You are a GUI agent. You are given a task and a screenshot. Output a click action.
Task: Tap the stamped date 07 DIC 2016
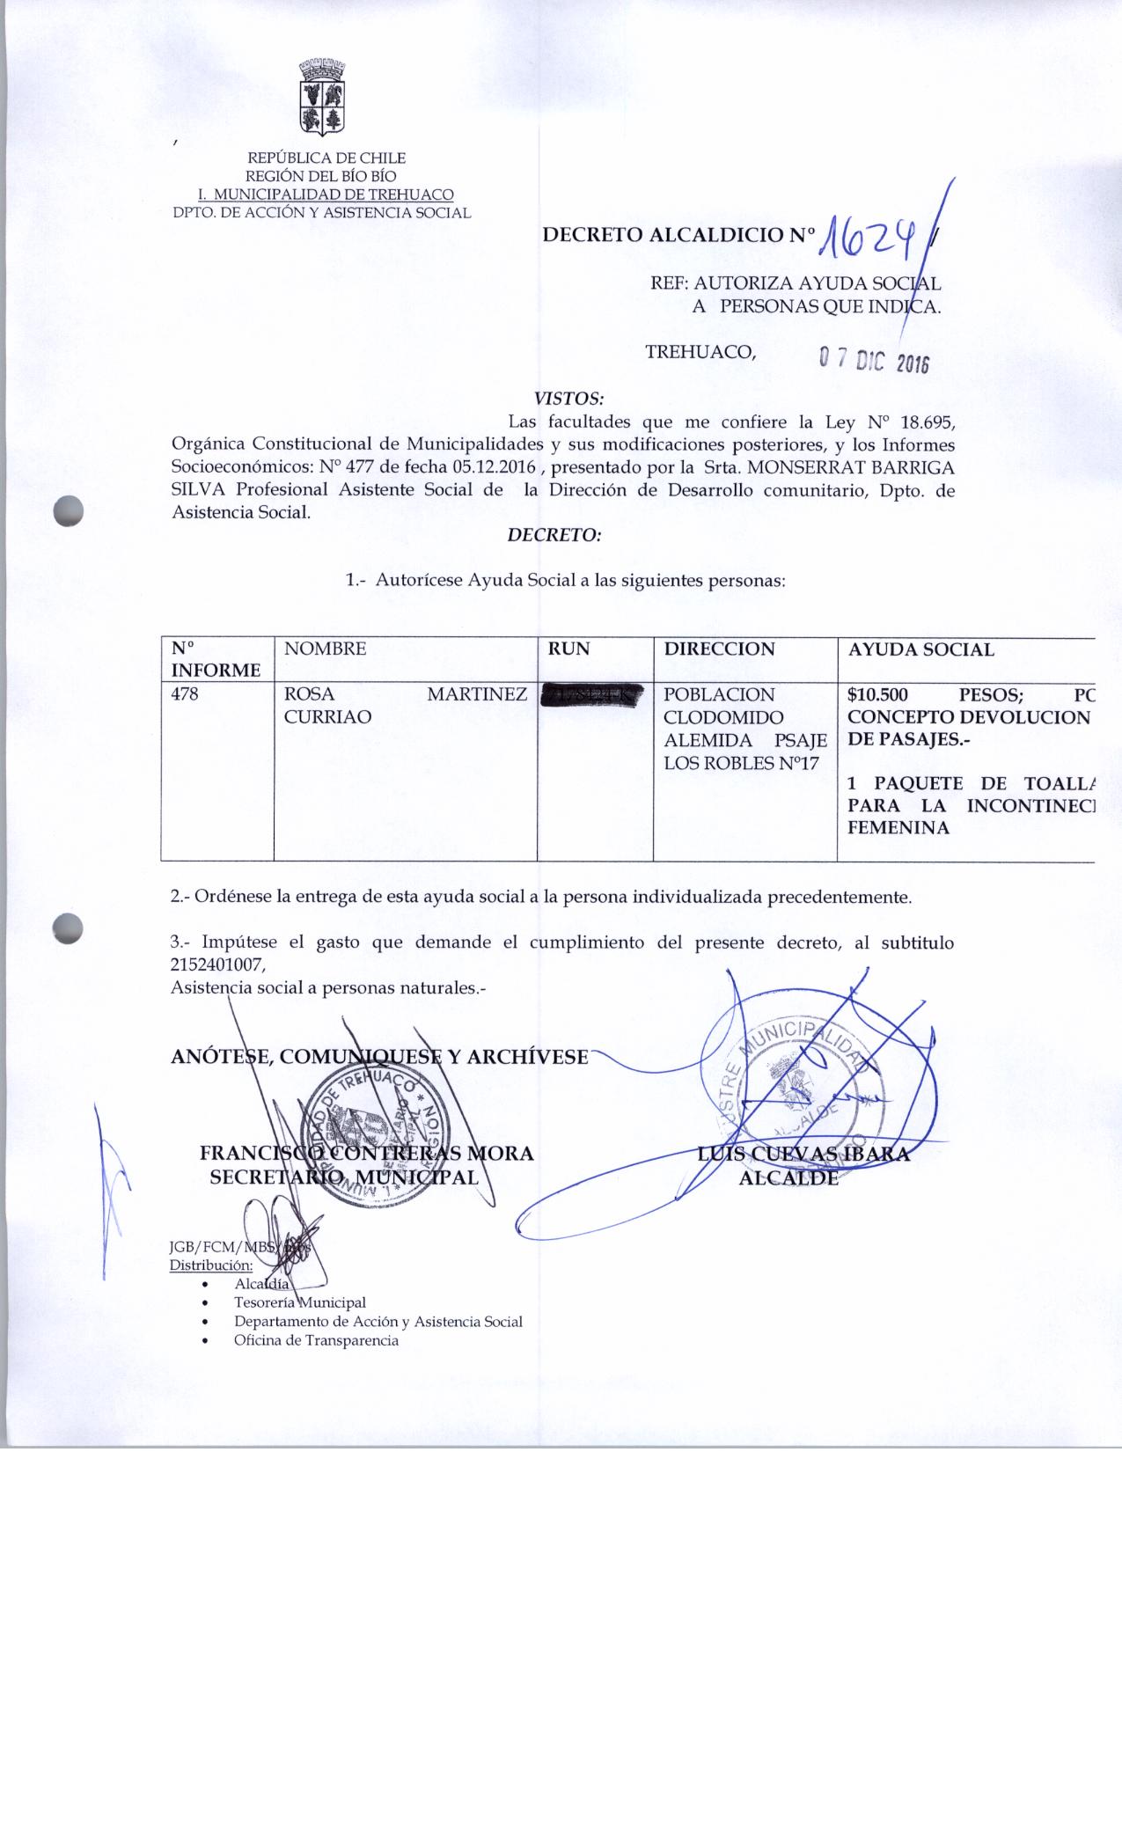point(874,359)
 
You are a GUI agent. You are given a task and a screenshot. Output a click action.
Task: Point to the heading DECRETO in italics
point(554,534)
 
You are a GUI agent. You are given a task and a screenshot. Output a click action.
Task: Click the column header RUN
point(568,649)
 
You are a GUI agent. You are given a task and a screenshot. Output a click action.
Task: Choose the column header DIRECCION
point(719,649)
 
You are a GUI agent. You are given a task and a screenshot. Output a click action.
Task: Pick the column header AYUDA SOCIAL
point(920,650)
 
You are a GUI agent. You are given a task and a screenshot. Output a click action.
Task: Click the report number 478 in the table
point(185,694)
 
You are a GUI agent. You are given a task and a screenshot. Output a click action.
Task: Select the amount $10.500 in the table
point(877,694)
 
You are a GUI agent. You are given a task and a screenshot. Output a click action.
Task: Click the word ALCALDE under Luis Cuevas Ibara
point(788,1177)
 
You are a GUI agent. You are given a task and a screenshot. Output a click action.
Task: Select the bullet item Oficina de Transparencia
point(316,1341)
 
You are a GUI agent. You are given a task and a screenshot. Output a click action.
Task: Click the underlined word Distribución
point(211,1266)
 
